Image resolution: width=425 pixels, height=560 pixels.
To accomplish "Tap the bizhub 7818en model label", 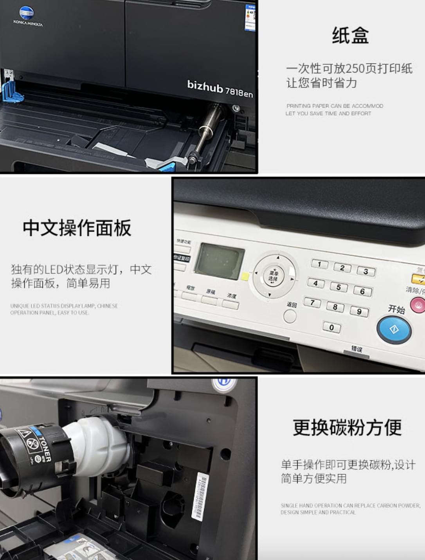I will point(220,88).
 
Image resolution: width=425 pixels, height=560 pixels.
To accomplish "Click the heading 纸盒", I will point(350,35).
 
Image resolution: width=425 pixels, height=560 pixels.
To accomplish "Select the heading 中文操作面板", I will point(77,228).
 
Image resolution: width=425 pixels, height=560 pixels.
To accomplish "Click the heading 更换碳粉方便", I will point(347,427).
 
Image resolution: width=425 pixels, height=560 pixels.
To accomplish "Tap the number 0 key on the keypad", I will point(331,327).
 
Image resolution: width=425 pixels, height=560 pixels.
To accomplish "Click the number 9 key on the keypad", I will point(358,312).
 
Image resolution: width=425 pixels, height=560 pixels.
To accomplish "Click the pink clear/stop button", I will point(418,305).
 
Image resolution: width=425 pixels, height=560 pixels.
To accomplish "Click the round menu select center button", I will point(273,276).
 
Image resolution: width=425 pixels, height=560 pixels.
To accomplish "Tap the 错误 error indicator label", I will point(357,348).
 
